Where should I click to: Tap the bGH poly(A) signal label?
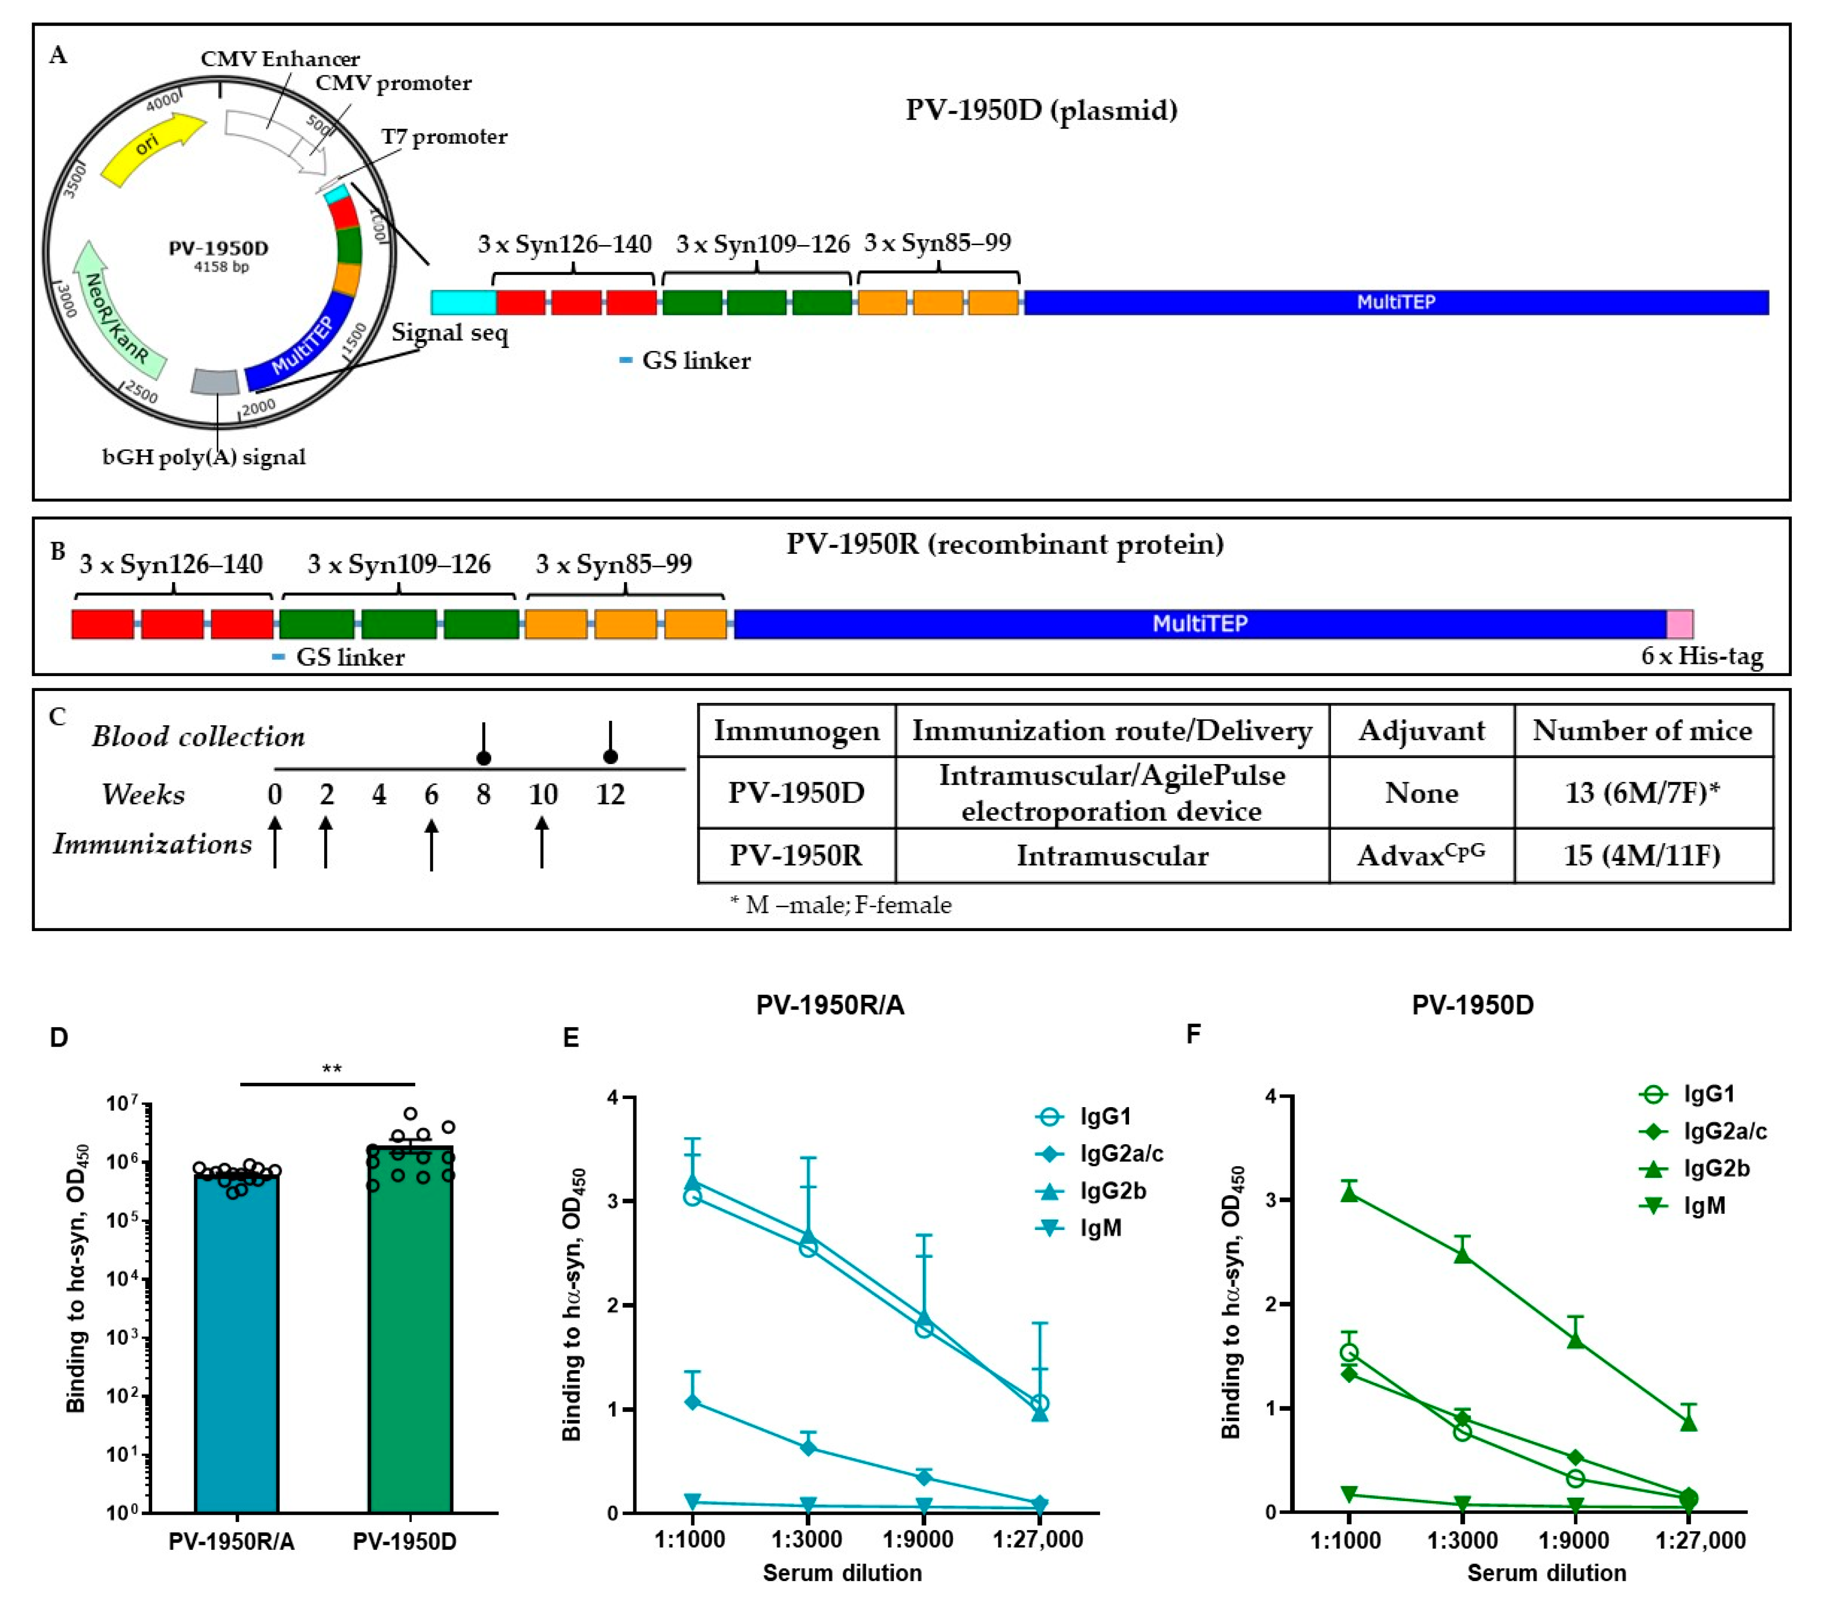pos(204,457)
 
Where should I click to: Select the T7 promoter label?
pos(444,137)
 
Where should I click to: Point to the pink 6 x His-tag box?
pos(1679,623)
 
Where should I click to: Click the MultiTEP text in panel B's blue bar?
pos(1199,623)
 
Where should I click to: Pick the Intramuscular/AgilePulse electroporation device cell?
pos(1112,793)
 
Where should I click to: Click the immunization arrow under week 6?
pos(431,844)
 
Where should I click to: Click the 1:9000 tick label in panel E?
pos(917,1539)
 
